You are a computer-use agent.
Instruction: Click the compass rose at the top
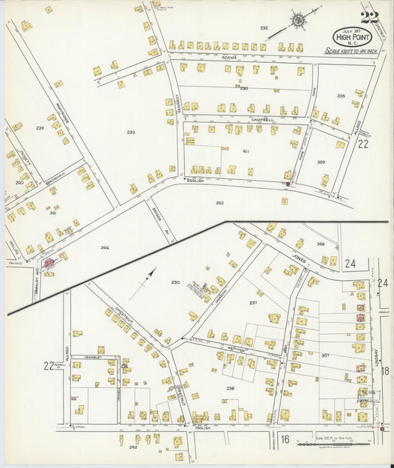300,21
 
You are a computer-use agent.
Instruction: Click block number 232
264,28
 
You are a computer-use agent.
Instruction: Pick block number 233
131,133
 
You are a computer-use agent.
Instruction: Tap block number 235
341,96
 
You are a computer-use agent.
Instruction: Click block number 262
220,202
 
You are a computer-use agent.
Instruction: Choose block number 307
325,355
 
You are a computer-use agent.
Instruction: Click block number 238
230,388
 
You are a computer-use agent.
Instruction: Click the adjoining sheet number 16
284,439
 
